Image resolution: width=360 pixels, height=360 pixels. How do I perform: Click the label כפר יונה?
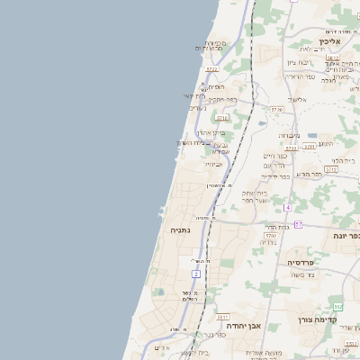(346, 236)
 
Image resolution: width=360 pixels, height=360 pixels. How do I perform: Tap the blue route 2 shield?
(196, 273)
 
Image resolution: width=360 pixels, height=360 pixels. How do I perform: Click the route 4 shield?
(288, 207)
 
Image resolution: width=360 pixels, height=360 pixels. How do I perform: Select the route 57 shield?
(299, 224)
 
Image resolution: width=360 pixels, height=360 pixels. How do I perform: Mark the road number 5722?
(212, 68)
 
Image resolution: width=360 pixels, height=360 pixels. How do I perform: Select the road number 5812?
(330, 168)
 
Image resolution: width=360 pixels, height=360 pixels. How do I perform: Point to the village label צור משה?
(304, 274)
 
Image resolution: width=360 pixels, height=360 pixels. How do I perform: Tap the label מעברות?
(288, 135)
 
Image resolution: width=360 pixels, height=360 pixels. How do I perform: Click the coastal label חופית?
(216, 86)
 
